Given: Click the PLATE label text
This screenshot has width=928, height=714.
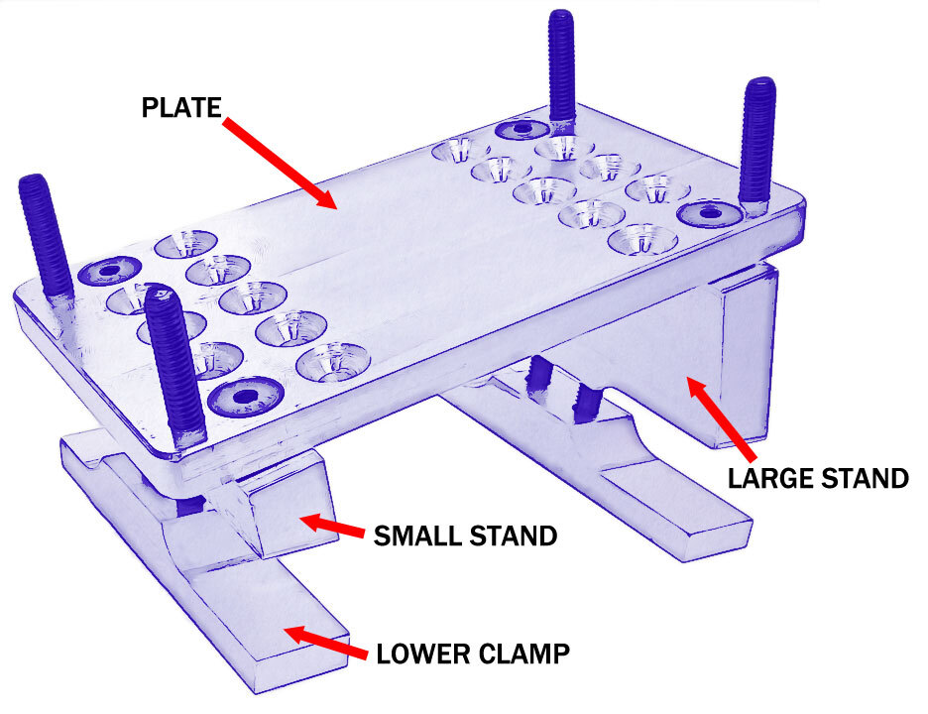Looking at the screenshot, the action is pyautogui.click(x=181, y=108).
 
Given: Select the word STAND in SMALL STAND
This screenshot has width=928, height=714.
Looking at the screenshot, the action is pyautogui.click(x=514, y=536).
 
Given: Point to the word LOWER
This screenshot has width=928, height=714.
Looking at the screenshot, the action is pyautogui.click(x=423, y=654).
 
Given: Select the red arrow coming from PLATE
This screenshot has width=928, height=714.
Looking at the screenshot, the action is pyautogui.click(x=280, y=164).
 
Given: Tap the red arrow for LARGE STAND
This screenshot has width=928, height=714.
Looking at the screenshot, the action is pyautogui.click(x=720, y=419).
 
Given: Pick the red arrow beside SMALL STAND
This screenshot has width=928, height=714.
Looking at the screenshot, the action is pyautogui.click(x=331, y=526).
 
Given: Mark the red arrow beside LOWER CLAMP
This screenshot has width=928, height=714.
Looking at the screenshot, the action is pyautogui.click(x=326, y=643).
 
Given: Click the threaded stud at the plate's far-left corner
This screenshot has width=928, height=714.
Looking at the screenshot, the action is pyautogui.click(x=46, y=240).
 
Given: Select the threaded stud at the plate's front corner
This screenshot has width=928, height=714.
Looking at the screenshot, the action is pyautogui.click(x=174, y=368).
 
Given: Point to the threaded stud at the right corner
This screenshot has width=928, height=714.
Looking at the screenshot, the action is pyautogui.click(x=756, y=145).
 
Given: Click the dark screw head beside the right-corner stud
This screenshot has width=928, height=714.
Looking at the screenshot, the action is pyautogui.click(x=709, y=214).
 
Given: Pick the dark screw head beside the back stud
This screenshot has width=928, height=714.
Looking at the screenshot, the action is pyautogui.click(x=522, y=129).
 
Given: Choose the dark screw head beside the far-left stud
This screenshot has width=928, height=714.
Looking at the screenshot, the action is pyautogui.click(x=109, y=271).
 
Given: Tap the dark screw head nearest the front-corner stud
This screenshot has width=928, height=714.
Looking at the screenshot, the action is pyautogui.click(x=246, y=396).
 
